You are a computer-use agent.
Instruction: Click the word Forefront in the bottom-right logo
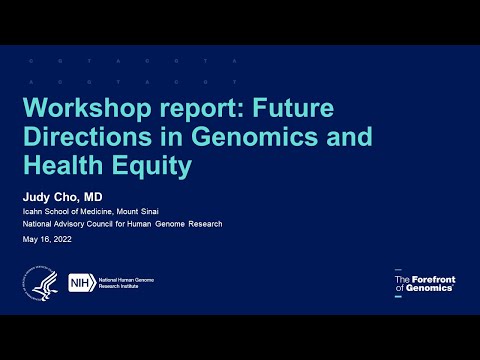430,279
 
